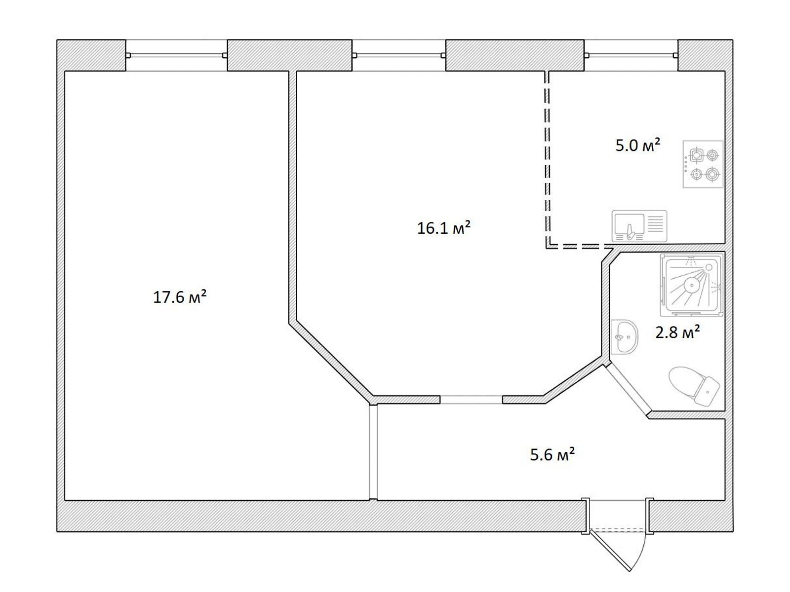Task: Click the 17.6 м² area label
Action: click(180, 297)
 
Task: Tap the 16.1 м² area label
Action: click(443, 227)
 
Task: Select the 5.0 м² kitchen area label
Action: click(638, 145)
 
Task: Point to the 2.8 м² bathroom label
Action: click(677, 332)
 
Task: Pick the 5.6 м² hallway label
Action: click(552, 454)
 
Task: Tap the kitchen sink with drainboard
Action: click(639, 226)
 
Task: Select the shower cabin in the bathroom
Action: click(692, 285)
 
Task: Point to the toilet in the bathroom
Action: click(694, 386)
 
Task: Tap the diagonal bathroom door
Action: click(629, 390)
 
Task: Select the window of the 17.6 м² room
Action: click(176, 55)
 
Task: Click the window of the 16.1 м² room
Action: click(399, 55)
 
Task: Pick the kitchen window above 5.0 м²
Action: click(631, 55)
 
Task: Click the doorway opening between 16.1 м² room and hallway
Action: click(471, 399)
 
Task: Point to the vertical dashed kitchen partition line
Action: click(547, 158)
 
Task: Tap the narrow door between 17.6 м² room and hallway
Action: click(373, 452)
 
